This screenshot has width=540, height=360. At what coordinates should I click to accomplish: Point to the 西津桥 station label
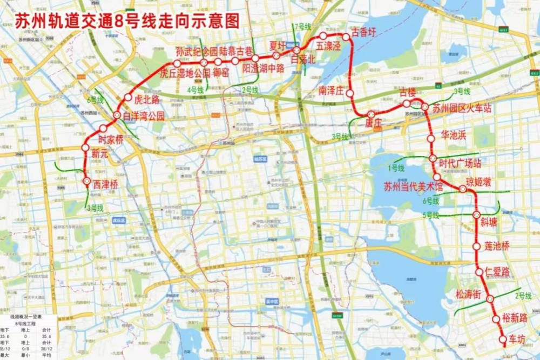[x=105, y=185]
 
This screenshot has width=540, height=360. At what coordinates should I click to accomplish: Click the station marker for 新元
[x=85, y=147]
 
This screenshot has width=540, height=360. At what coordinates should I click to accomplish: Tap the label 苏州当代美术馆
[x=413, y=187]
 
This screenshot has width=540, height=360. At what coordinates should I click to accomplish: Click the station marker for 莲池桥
[x=476, y=247]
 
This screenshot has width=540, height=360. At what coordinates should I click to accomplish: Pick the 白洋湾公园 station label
[x=143, y=116]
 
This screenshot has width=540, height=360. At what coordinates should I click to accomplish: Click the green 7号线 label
[x=302, y=26]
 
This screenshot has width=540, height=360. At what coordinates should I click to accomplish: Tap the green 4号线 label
[x=195, y=90]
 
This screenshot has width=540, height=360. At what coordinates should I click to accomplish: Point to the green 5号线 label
[x=430, y=215]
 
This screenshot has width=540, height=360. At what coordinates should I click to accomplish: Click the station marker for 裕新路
[x=496, y=320]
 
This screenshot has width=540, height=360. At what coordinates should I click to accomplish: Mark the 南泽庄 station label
[x=332, y=90]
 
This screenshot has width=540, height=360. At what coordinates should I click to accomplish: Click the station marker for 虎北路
[x=128, y=98]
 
